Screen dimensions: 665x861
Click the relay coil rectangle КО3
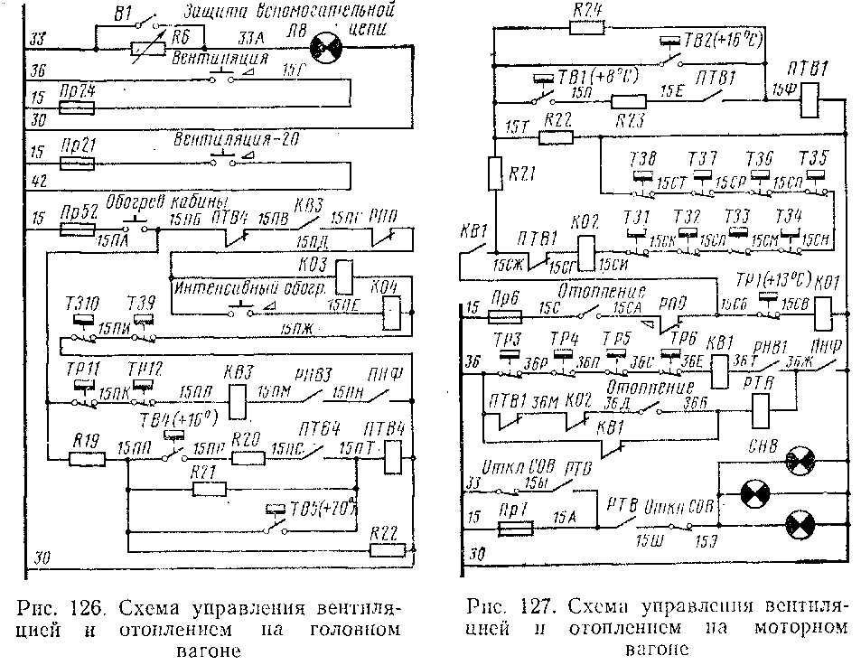(x=344, y=273)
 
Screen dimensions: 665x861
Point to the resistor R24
(x=586, y=27)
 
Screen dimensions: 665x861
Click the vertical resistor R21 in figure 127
(x=495, y=173)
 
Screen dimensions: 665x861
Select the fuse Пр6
(x=500, y=315)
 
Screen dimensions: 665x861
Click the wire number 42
(x=38, y=182)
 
